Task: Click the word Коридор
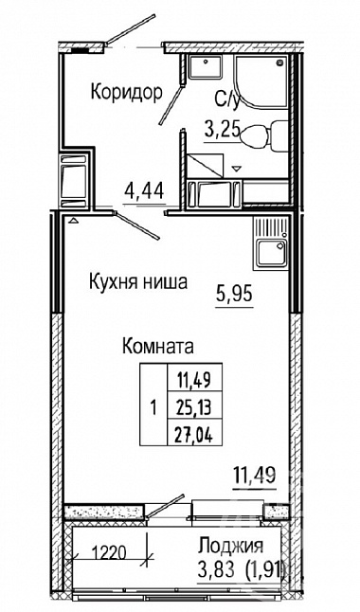point(126,92)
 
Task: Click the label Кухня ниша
point(138,282)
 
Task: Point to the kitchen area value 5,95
point(234,294)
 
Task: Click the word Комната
point(158,346)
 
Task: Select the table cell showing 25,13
point(194,408)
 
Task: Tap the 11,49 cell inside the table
point(194,380)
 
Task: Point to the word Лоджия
point(230,546)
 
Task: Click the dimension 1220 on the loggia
point(109,552)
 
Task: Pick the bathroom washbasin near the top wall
point(206,66)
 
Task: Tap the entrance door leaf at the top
point(131,28)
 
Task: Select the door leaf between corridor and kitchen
point(136,225)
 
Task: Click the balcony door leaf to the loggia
point(165,507)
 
